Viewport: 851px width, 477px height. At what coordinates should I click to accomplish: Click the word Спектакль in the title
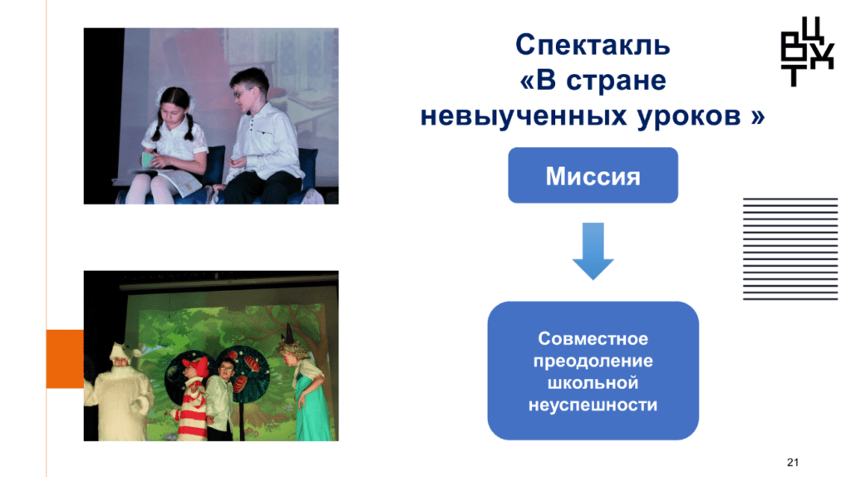593,45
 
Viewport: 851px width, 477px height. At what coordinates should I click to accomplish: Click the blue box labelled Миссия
593,175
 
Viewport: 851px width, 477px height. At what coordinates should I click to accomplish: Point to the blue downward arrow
593,251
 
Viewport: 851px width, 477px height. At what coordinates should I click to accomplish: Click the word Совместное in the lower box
593,338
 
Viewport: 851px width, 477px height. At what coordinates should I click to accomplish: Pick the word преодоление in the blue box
593,361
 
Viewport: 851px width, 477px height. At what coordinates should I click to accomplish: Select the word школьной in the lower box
593,382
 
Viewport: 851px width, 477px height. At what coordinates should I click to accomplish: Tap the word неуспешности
593,405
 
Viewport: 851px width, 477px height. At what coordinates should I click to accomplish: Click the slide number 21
792,462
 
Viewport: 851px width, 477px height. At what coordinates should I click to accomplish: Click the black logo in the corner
806,52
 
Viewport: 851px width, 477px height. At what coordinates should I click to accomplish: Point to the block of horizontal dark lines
790,248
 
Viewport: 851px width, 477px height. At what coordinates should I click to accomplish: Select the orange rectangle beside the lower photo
65,358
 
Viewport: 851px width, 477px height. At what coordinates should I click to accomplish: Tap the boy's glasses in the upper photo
242,93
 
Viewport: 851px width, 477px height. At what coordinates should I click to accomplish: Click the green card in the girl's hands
148,160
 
